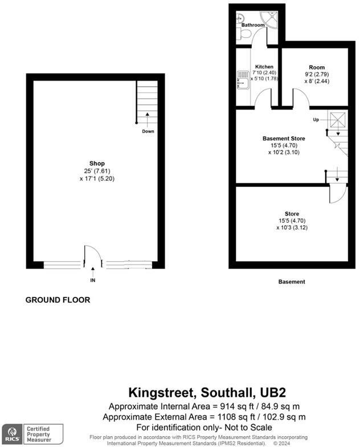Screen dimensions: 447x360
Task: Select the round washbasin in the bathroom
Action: pos(240,17)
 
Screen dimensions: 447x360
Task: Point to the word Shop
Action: pos(97,163)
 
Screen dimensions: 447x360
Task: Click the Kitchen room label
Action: pos(264,67)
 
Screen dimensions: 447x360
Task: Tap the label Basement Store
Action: pos(284,139)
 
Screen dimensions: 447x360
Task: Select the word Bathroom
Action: pos(253,26)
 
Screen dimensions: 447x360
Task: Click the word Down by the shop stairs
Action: pos(148,131)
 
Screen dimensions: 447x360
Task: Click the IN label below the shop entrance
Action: pos(93,281)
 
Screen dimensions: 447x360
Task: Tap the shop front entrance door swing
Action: pos(91,255)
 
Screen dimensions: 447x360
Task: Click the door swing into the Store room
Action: pos(337,195)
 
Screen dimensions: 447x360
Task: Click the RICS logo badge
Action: pos(13,433)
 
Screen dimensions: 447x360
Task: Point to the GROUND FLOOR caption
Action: pos(58,300)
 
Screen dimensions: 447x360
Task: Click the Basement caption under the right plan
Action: pos(292,282)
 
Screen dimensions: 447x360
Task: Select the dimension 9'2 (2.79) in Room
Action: pos(316,74)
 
